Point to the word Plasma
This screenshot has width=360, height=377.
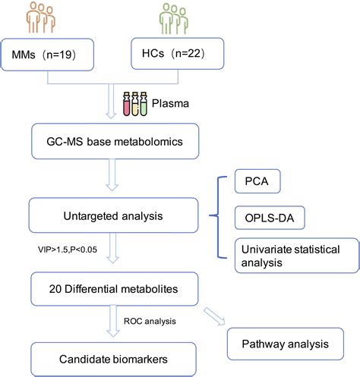[x=168, y=103]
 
